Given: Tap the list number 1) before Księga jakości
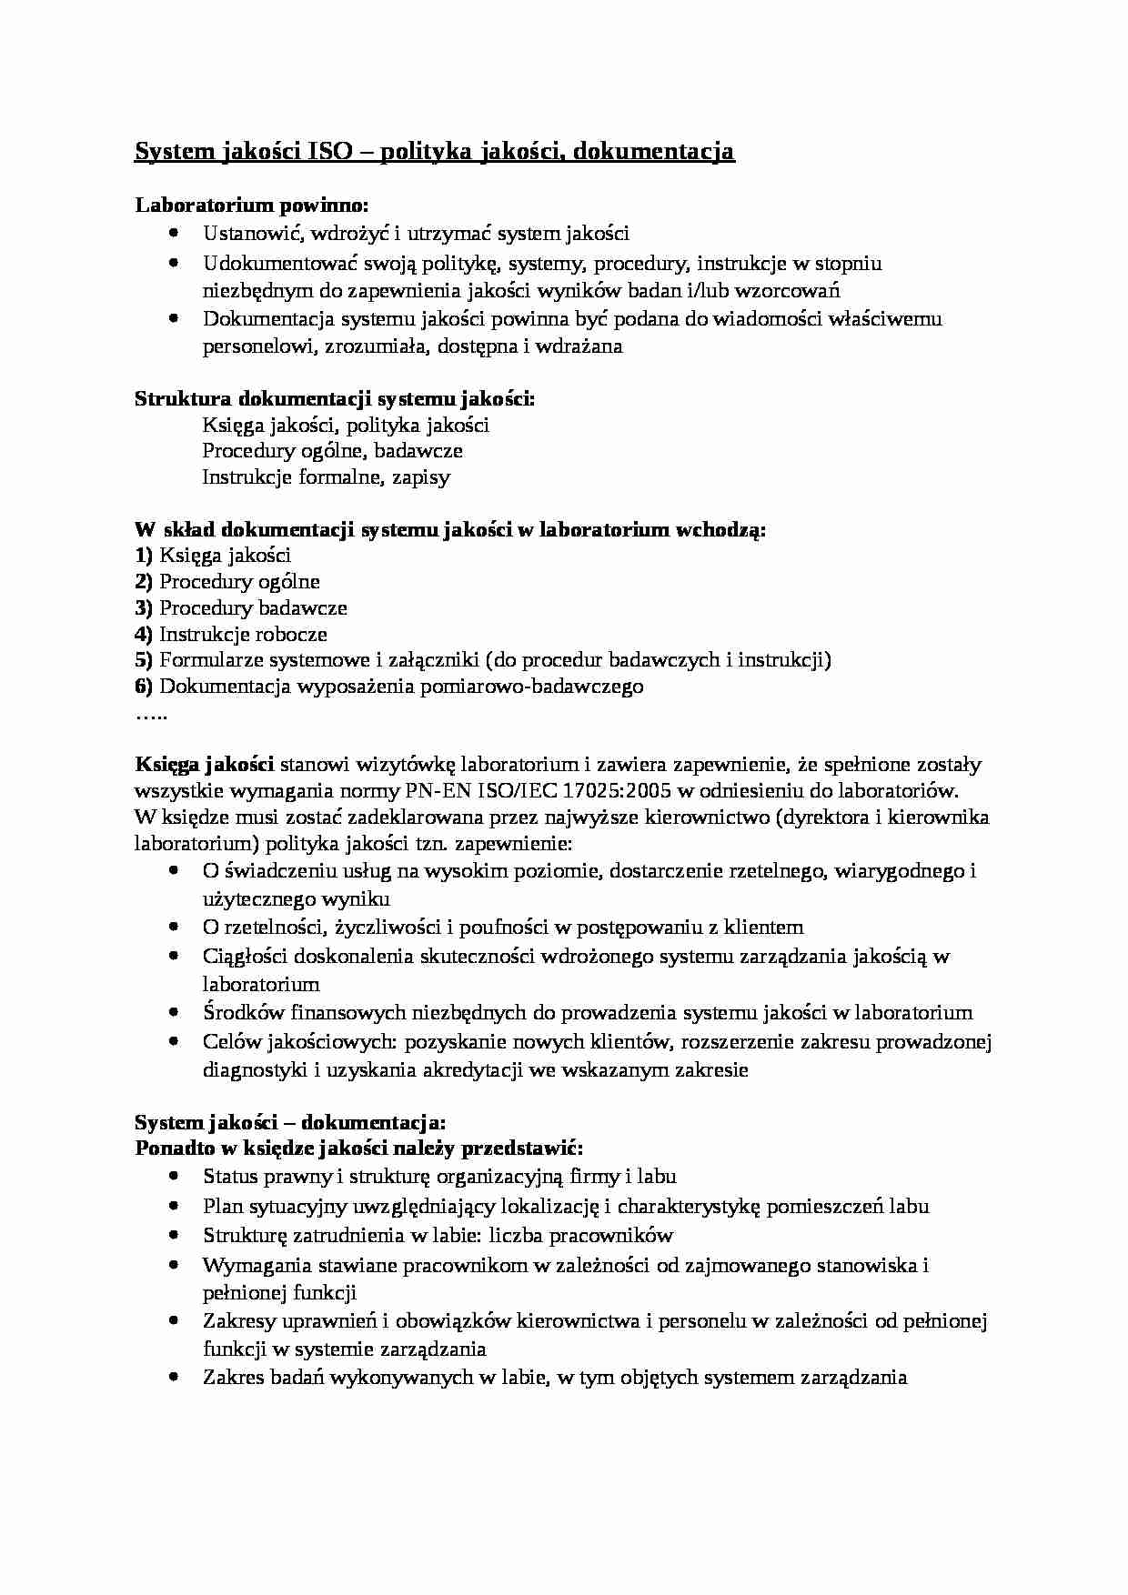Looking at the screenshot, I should pos(144,556).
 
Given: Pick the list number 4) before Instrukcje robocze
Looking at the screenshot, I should pos(144,635).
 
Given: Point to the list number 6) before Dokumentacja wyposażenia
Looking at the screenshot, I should pos(144,687).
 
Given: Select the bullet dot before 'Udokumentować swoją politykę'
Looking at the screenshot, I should pos(175,263).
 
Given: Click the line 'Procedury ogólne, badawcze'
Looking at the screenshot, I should pos(332,451).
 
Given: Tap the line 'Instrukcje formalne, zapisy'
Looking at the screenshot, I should pos(326,477).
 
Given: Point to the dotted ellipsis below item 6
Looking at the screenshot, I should pos(151,714).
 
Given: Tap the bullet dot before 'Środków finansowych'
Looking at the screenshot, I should pos(175,1012).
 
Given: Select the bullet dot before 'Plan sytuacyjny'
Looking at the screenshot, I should pos(175,1207).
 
